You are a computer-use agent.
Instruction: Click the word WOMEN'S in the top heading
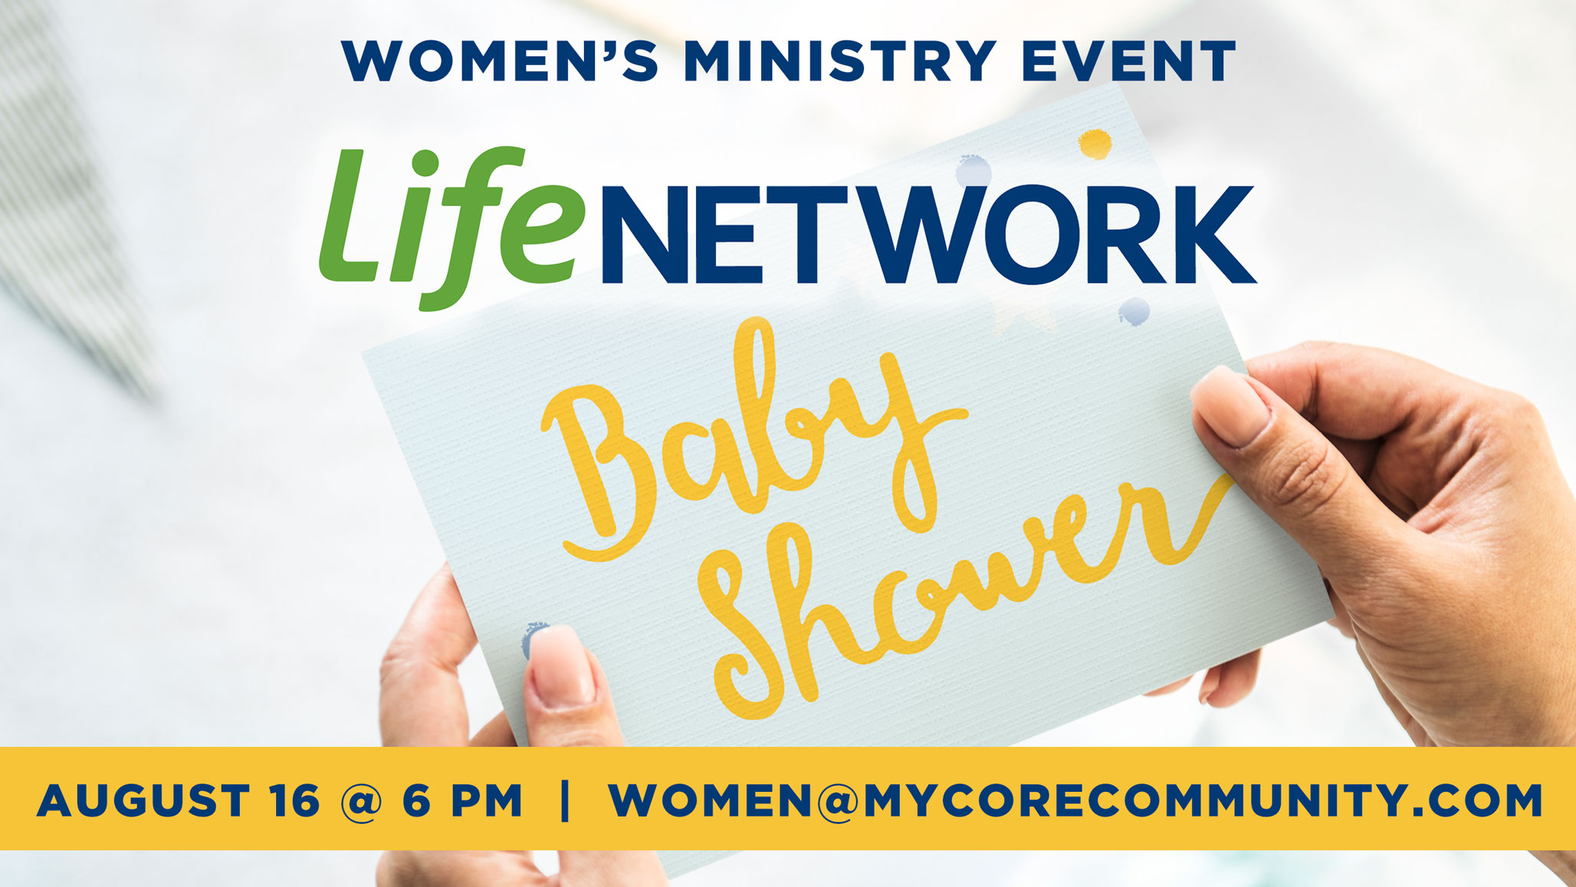click(x=500, y=61)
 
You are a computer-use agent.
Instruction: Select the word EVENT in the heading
click(x=1129, y=61)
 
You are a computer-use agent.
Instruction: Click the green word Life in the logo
click(x=448, y=228)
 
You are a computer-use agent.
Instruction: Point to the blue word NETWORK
click(x=928, y=235)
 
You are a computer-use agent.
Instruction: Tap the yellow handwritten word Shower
click(x=966, y=598)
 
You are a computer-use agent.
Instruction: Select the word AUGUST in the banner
click(x=143, y=800)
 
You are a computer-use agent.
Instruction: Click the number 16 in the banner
click(x=294, y=800)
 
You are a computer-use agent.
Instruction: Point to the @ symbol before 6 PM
click(x=361, y=802)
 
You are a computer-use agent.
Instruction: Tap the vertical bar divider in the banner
click(x=566, y=801)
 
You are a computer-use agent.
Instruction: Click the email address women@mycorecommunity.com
click(x=1075, y=800)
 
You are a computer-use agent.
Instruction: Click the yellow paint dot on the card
click(x=1095, y=143)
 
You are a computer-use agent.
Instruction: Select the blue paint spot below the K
click(x=1134, y=311)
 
